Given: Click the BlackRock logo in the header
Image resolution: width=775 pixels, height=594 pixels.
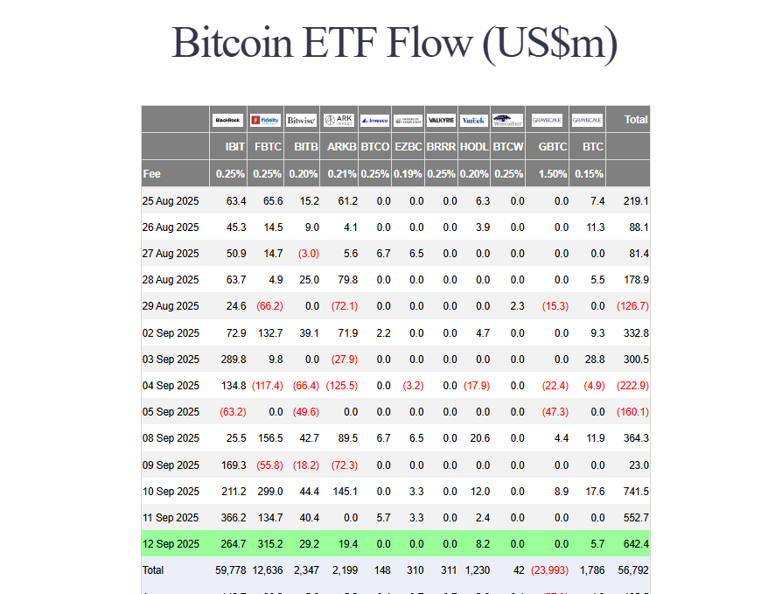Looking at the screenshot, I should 228,120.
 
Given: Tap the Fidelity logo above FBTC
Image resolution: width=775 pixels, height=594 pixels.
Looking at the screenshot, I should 266,120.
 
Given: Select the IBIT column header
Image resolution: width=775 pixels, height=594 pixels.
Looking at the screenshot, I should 234,147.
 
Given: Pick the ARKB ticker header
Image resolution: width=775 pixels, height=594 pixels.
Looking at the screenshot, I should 341,147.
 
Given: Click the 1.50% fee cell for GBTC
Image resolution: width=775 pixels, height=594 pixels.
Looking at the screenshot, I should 553,173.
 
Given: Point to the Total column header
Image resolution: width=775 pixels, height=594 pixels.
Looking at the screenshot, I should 636,119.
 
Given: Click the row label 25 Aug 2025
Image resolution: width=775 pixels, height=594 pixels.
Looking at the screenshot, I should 171,201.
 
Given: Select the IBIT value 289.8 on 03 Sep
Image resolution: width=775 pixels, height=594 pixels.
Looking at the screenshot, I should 232,360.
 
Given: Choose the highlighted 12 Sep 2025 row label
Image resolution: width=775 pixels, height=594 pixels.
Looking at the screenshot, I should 171,544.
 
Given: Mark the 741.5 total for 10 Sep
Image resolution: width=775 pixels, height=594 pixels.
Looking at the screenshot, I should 632,491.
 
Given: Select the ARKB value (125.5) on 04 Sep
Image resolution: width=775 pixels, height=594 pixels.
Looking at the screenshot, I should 341,386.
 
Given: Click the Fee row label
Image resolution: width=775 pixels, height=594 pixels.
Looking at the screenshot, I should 152,173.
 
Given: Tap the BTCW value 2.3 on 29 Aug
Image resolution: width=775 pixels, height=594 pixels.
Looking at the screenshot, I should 517,306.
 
